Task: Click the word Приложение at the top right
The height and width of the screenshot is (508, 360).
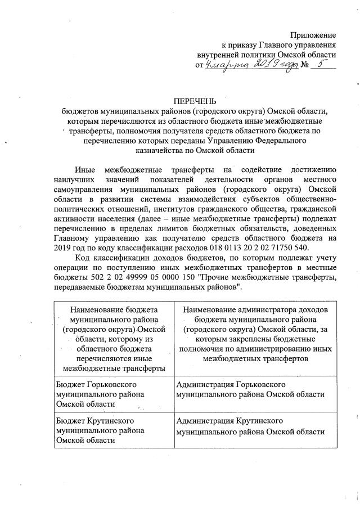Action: [313, 35]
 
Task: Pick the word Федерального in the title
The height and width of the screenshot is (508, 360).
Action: [299, 141]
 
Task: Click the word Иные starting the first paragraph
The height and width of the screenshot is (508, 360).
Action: [85, 170]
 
